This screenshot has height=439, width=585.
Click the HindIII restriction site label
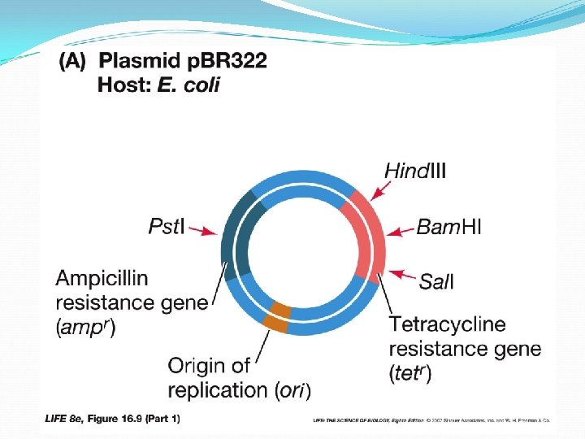pos(414,171)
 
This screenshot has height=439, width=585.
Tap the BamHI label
pos(448,227)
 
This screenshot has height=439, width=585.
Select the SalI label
pos(436,282)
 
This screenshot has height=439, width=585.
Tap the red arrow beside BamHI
pos(400,231)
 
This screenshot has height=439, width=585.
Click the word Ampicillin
pos(102,279)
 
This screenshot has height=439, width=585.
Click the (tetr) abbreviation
pos(410,374)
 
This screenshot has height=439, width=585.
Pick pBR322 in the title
pos(221,62)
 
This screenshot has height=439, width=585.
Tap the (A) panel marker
pos(74,62)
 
